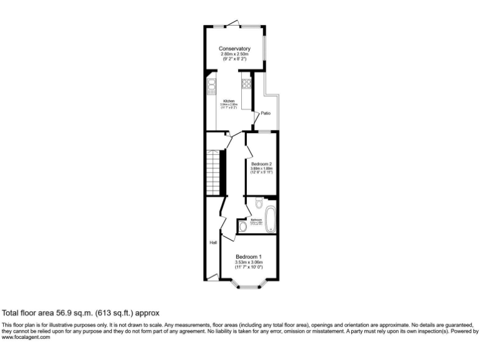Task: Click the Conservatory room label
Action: [x=234, y=49]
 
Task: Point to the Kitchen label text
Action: [x=229, y=101]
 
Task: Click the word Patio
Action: [x=266, y=113]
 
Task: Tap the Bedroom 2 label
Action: [x=261, y=164]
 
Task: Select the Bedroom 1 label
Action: [x=248, y=257]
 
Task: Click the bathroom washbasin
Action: [x=242, y=226]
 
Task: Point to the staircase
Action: [x=216, y=172]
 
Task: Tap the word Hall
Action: [x=213, y=242]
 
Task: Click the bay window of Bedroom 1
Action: [x=249, y=287]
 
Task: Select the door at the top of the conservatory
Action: [x=232, y=24]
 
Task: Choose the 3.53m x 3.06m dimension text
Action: [x=248, y=262]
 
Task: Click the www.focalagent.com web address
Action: [x=26, y=337]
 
